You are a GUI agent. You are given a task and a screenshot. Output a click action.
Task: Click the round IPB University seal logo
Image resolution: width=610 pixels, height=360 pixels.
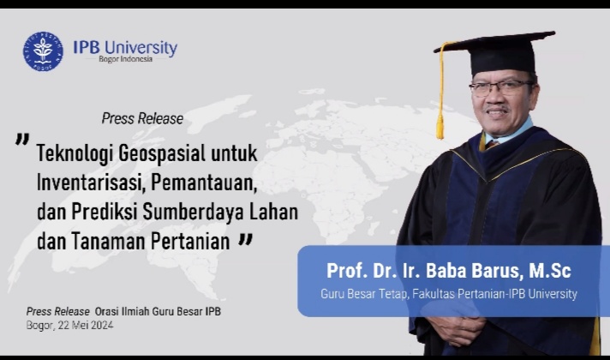[x=43, y=51]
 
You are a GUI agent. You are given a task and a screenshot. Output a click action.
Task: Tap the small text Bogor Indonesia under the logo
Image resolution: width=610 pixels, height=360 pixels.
[x=125, y=59]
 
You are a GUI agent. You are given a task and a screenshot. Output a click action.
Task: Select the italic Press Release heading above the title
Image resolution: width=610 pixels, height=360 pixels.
[x=142, y=118]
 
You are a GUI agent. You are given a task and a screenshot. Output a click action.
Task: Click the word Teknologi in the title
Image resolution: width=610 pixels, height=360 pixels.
[x=75, y=153]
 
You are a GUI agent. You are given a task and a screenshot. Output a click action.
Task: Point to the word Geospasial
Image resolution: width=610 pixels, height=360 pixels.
[x=162, y=153]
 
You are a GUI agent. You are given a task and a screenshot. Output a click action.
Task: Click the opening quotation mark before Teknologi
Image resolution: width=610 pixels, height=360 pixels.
[x=22, y=140]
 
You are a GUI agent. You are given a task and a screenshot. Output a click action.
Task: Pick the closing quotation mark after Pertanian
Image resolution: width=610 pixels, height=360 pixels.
[x=246, y=240]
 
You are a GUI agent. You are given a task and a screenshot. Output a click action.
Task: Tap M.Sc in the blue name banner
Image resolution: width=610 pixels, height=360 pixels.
[x=550, y=271]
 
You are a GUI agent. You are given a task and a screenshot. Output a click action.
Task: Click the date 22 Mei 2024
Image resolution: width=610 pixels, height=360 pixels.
[x=86, y=326]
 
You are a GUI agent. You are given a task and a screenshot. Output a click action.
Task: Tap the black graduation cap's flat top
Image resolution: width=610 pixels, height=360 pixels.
[x=495, y=41]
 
